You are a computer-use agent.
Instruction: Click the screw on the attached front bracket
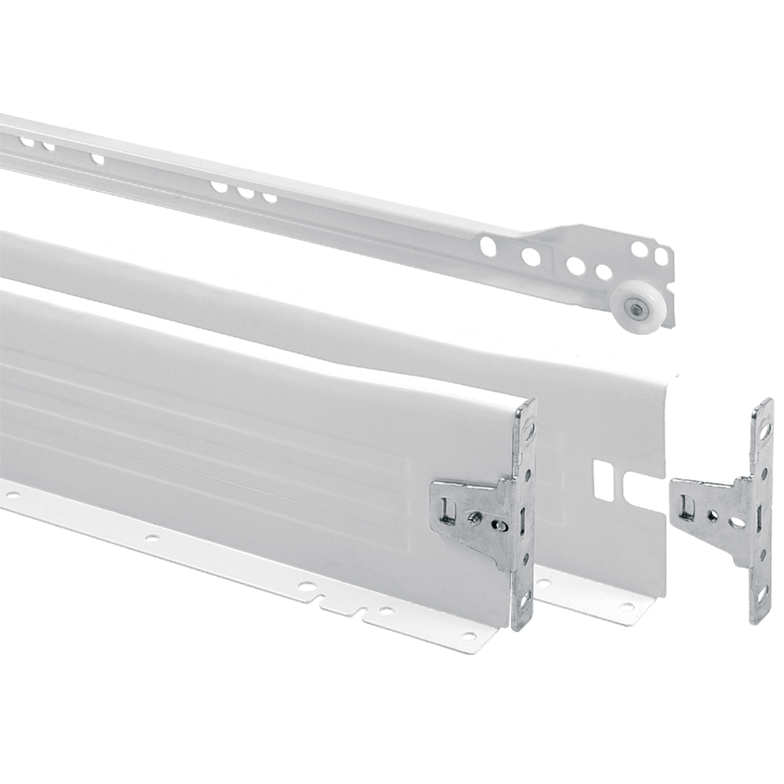[x=474, y=516]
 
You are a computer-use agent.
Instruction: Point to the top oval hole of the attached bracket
[x=529, y=426]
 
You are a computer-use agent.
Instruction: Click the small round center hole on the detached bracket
[x=712, y=515]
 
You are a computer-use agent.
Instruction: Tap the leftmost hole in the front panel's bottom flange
[x=12, y=495]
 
